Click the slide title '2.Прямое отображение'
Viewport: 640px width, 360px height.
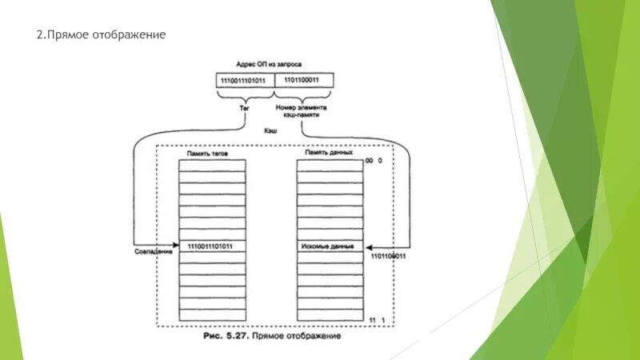[102, 36]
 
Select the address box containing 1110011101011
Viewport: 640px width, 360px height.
[245, 80]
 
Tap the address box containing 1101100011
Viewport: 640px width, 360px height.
[304, 80]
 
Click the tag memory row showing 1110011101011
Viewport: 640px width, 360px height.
[213, 246]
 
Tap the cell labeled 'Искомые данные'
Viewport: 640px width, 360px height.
[330, 246]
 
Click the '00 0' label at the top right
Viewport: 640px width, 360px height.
[374, 161]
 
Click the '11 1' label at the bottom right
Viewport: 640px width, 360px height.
[376, 319]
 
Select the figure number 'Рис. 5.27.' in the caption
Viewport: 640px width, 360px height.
[226, 337]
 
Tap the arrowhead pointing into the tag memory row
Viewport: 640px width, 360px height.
[176, 246]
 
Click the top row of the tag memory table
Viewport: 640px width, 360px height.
[213, 163]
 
